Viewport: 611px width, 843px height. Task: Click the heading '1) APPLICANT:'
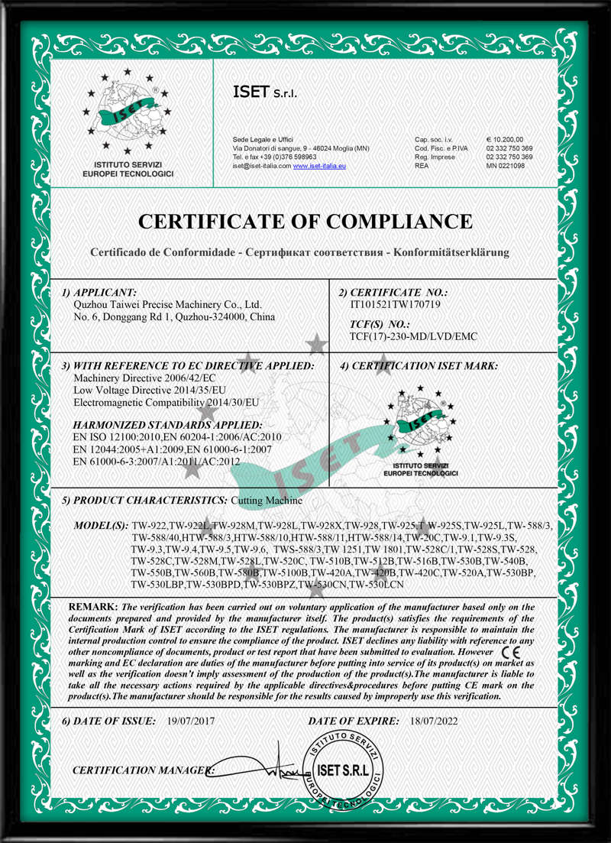99,292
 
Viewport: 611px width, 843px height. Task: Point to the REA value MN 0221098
506,166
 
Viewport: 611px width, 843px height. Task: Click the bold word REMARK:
94,606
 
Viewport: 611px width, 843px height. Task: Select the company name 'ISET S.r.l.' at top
265,92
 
